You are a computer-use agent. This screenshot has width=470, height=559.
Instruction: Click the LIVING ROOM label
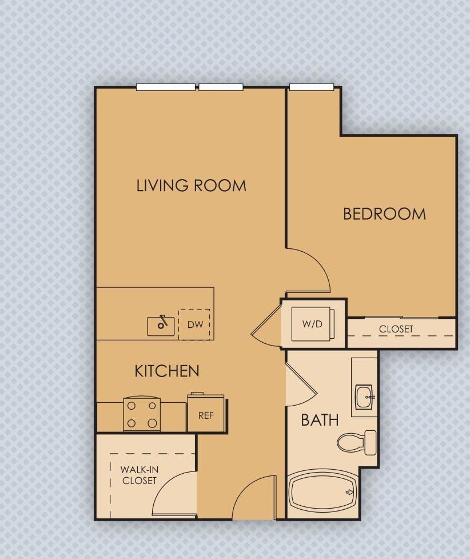(x=191, y=185)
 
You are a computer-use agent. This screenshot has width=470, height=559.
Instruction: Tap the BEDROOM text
(x=384, y=214)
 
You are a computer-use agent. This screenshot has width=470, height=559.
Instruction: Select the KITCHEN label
(x=167, y=371)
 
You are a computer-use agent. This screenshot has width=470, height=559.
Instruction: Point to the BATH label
(x=320, y=420)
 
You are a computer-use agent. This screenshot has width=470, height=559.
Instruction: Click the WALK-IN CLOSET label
(x=139, y=475)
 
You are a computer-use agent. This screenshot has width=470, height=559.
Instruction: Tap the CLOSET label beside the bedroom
(x=396, y=330)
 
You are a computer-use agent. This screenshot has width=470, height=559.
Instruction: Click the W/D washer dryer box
(x=312, y=324)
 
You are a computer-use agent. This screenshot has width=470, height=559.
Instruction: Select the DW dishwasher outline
(x=194, y=324)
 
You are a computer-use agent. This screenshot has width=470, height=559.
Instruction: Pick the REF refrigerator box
(x=206, y=414)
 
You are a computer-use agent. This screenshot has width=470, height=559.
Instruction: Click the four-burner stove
(x=142, y=414)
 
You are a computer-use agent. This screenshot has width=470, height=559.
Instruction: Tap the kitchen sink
(x=160, y=326)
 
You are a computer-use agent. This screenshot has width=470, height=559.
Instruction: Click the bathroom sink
(x=364, y=397)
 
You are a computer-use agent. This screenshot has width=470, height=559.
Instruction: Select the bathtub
(x=322, y=491)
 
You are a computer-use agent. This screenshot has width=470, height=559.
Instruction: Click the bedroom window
(x=312, y=88)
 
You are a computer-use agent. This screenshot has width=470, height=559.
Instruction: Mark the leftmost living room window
(x=166, y=88)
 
